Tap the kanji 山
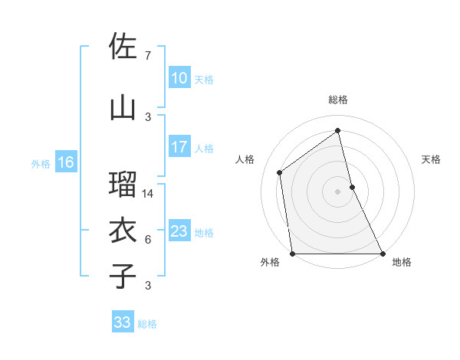coord(123,108)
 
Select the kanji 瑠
coord(123,185)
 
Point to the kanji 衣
coord(123,231)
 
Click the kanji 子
coord(123,277)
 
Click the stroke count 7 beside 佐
coord(147,56)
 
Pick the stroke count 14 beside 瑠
coord(149,194)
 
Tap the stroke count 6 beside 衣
coord(147,240)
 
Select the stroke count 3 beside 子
coord(147,286)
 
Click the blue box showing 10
coord(179,78)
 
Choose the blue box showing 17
coord(179,147)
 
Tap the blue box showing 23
coord(179,231)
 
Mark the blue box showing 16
coord(66,162)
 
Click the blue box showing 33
coord(123,322)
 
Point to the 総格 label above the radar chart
coord(338,100)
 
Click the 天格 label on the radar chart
coord(432,159)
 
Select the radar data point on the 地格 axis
coord(383,254)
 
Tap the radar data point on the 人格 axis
coord(280,172)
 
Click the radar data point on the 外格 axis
coord(292,254)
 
